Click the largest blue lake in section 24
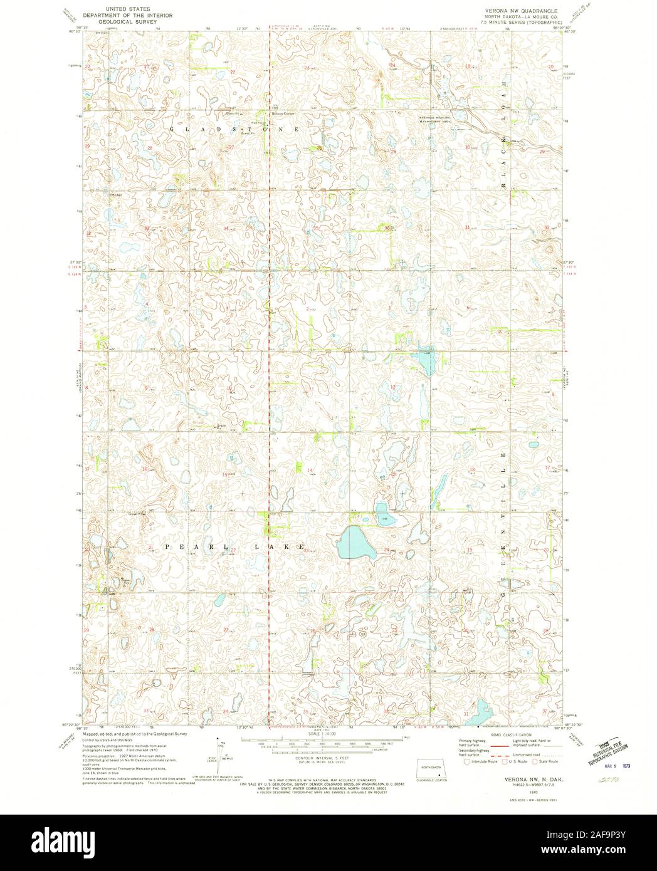tap(356, 543)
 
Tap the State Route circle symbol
tap(535, 761)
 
